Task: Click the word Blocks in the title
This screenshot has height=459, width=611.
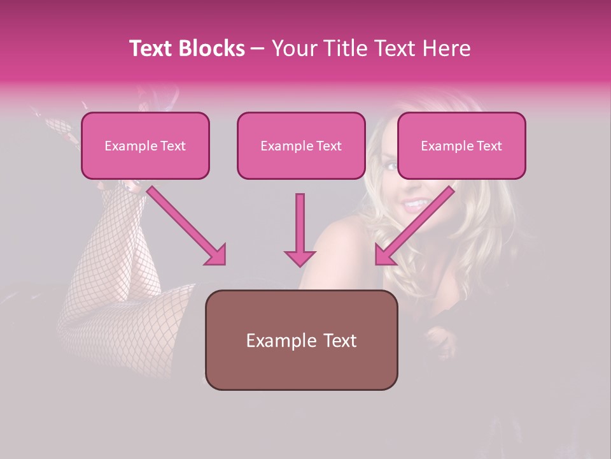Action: click(212, 48)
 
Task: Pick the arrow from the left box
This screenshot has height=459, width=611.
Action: click(187, 226)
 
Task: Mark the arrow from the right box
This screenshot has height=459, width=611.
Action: click(414, 226)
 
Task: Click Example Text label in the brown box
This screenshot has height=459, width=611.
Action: click(301, 340)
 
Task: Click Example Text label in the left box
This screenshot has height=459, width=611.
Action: click(145, 146)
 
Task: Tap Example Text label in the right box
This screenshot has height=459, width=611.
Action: click(461, 146)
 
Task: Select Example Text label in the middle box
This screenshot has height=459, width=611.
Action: click(301, 146)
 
